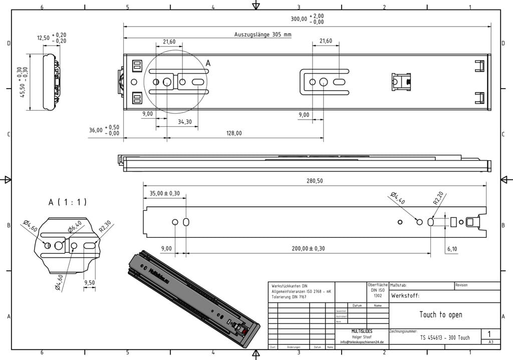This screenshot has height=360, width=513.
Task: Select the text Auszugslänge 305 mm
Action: click(263, 35)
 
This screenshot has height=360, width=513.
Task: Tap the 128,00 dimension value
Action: click(234, 133)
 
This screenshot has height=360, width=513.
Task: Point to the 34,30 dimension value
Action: click(184, 122)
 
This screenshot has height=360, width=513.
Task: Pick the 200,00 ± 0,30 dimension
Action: click(308, 248)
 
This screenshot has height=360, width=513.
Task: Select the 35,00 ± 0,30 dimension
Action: click(165, 193)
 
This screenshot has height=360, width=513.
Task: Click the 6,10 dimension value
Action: click(452, 248)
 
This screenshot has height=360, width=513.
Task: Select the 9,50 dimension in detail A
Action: click(90, 283)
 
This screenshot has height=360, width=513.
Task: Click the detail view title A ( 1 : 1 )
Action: click(68, 202)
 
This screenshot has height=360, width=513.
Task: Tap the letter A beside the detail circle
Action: click(208, 63)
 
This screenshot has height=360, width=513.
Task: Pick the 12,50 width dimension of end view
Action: click(44, 38)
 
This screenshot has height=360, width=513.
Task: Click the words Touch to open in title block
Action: click(440, 314)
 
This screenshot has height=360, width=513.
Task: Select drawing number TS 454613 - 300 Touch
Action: click(444, 338)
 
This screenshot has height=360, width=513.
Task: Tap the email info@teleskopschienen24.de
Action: click(362, 342)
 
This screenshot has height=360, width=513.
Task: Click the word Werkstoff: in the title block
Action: click(405, 296)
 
